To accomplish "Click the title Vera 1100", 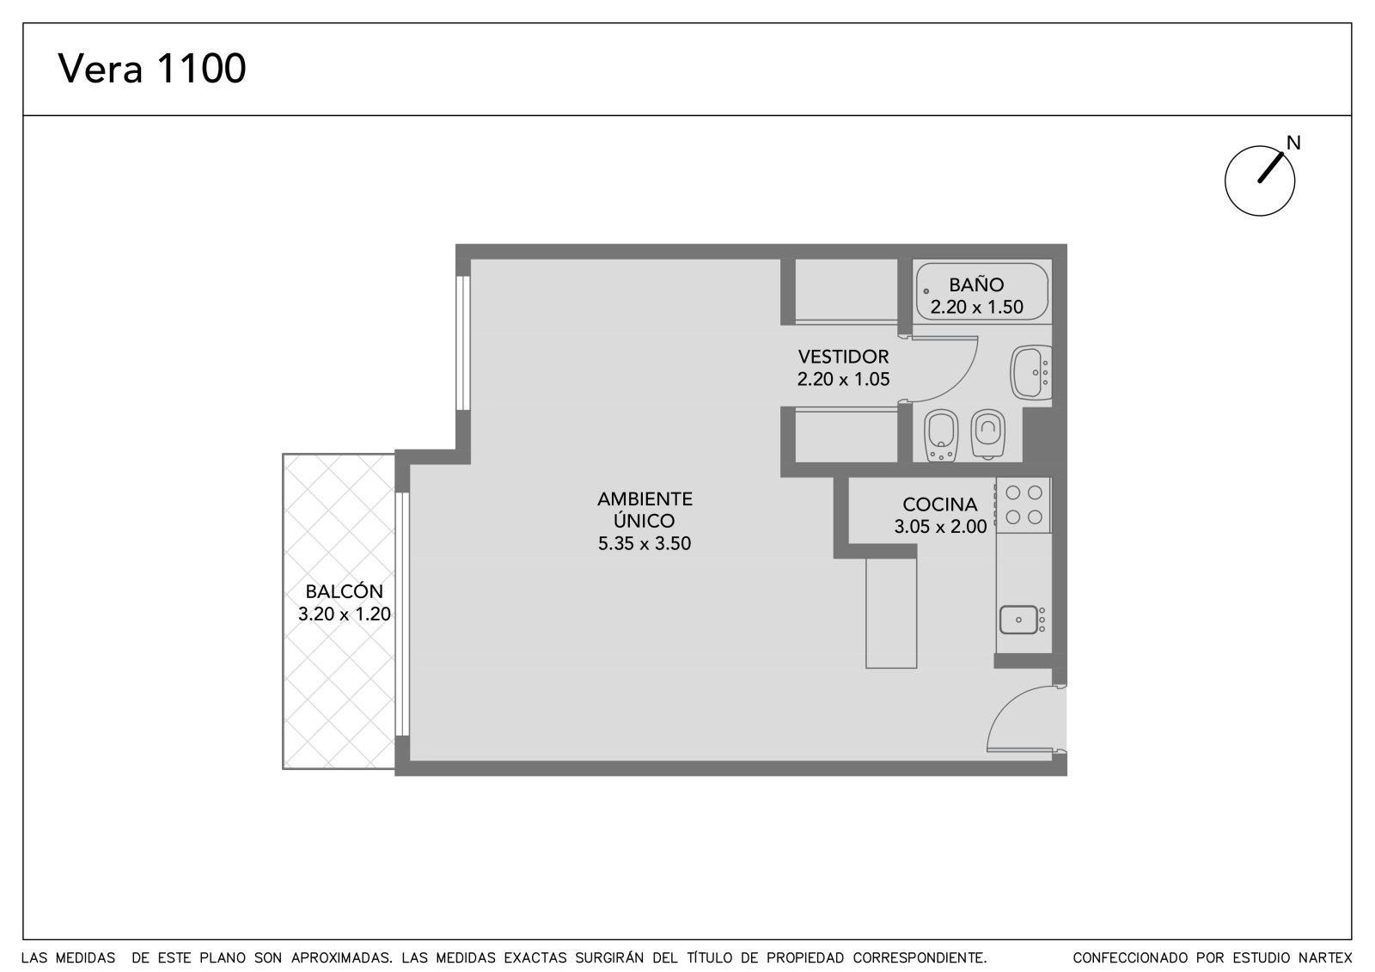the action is (x=151, y=68).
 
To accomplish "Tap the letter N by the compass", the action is (x=1293, y=143).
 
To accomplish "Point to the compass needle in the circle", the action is (x=1271, y=168).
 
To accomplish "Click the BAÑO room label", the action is (x=976, y=284).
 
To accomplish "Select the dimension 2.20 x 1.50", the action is (x=976, y=307).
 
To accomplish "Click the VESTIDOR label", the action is (x=843, y=356).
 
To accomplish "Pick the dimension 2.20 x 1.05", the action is (x=843, y=379).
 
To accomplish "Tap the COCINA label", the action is (x=940, y=504).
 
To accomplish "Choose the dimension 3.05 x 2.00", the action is (x=940, y=526).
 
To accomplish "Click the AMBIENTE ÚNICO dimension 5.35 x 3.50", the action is (x=645, y=543).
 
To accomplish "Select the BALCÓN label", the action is (x=345, y=590).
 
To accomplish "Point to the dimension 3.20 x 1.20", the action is (x=345, y=614).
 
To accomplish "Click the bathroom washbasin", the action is (x=1031, y=372).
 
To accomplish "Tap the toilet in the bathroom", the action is (x=987, y=433).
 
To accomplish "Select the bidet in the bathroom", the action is (x=941, y=436).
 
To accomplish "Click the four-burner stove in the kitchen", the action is (x=1024, y=504).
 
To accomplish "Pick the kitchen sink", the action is (x=1019, y=620).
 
